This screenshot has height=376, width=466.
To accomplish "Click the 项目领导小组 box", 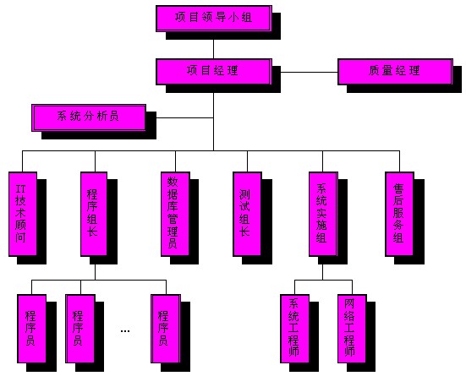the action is (214, 18).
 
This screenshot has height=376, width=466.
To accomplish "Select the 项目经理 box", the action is (214, 72).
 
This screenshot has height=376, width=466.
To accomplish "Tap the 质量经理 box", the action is (395, 72).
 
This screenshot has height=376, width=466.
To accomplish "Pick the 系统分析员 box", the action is (89, 117).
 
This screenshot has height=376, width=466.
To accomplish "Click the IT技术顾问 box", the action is (23, 214).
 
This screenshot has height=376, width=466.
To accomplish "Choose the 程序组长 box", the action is (94, 214).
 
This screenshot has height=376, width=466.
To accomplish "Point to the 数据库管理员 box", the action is (175, 214).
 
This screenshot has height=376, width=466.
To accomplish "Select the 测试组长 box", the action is (247, 214).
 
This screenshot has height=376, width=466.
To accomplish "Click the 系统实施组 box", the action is (323, 214).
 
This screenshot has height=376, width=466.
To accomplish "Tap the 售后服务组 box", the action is (399, 214).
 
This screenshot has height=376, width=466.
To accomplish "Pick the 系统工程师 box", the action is (295, 329).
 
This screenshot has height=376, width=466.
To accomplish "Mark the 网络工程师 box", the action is (352, 329).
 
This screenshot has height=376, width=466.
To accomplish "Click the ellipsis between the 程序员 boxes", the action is (125, 331).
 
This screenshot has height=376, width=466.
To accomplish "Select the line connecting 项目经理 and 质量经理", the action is (309, 72).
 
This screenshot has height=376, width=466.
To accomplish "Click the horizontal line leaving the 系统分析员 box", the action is (185, 118).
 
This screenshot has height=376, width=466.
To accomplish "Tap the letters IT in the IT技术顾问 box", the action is (20, 189).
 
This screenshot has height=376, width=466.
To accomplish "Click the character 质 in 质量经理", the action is (374, 71).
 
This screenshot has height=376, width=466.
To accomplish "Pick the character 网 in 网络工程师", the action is (349, 303).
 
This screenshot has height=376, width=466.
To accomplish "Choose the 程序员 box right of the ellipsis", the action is (166, 329).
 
